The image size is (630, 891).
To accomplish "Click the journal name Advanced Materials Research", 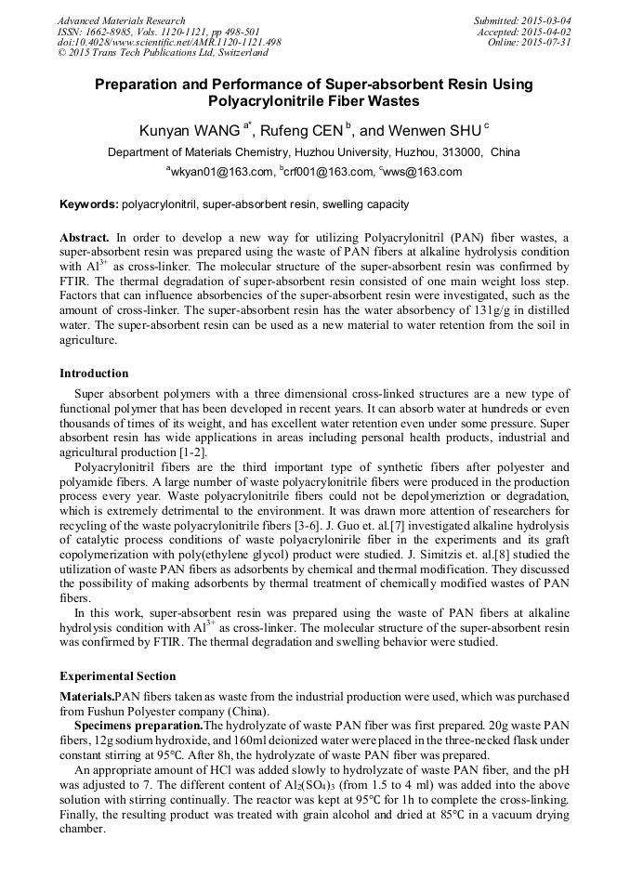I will pyautogui.click(x=122, y=20).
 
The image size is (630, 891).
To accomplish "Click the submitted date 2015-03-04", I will pyautogui.click(x=547, y=20).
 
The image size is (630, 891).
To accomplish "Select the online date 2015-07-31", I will pyautogui.click(x=547, y=43).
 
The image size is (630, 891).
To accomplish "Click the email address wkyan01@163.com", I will pyautogui.click(x=221, y=172).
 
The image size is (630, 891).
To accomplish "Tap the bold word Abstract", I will pyautogui.click(x=85, y=238).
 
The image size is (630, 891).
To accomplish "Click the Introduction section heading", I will pyautogui.click(x=94, y=373).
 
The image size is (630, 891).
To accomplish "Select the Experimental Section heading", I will pyautogui.click(x=117, y=676).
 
